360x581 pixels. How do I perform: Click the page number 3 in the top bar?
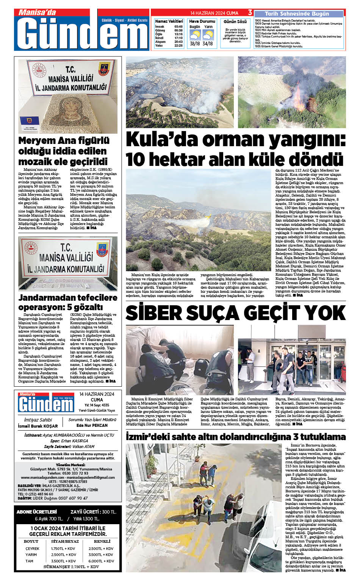click(x=250, y=13)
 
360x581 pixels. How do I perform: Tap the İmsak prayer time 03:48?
click(x=178, y=27)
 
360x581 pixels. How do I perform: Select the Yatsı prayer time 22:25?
click(x=178, y=45)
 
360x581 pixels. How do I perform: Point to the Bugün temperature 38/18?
click(x=195, y=44)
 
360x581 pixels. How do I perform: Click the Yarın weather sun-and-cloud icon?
click(x=208, y=36)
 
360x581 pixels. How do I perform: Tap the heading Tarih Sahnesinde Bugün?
click(x=297, y=14)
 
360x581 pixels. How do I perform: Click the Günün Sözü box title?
click(x=235, y=22)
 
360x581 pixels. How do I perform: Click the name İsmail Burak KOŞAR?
click(x=38, y=426)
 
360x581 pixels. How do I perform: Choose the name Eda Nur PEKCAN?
click(x=92, y=425)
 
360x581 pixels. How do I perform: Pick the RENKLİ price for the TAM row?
click(x=101, y=561)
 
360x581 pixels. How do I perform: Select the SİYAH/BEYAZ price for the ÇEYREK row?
click(x=63, y=548)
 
